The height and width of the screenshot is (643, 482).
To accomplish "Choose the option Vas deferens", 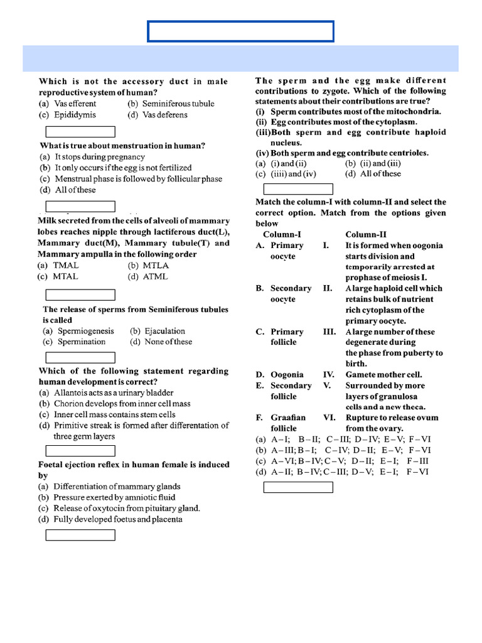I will point(164,115).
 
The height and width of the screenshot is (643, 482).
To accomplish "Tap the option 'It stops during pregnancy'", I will point(100,157).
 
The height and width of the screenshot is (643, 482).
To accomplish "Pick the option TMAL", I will point(67,266).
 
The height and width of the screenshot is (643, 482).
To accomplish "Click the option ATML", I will point(155,276).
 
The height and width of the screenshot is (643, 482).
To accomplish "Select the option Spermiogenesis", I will point(85,331).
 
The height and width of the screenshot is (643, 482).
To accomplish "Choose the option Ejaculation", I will point(164,331).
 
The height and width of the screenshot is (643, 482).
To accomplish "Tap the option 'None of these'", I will point(168,342).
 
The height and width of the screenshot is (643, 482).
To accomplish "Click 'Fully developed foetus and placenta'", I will point(118,519).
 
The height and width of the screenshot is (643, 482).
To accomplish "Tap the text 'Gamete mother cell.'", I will point(383,375).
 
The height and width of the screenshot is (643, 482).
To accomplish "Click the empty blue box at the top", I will point(240,31).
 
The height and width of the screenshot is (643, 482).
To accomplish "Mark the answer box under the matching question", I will point(298,487).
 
